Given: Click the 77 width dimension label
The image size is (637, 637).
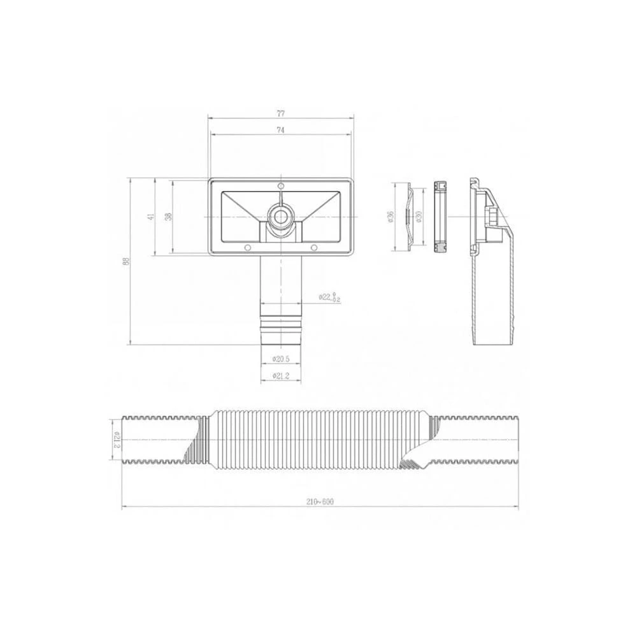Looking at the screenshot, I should (281, 113).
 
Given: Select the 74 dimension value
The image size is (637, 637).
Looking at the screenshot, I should (281, 130).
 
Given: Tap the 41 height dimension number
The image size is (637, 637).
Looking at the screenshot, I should (151, 217).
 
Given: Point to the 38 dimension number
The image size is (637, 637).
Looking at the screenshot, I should (168, 217).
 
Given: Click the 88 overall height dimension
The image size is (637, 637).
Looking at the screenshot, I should (126, 261).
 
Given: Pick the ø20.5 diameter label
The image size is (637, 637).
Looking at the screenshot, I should (281, 359).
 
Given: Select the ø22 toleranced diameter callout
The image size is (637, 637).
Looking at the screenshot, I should (329, 297).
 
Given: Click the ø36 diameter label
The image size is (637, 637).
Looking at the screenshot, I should (390, 217).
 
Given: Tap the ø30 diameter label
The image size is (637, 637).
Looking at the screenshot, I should (420, 217).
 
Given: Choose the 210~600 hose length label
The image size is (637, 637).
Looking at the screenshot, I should (320, 501).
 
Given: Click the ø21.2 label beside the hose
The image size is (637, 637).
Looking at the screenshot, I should (117, 440).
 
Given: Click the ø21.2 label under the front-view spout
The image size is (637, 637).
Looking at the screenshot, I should (281, 376).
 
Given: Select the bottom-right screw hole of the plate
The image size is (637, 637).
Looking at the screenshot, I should (313, 247).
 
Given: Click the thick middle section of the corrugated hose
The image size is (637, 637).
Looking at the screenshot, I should (318, 440).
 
